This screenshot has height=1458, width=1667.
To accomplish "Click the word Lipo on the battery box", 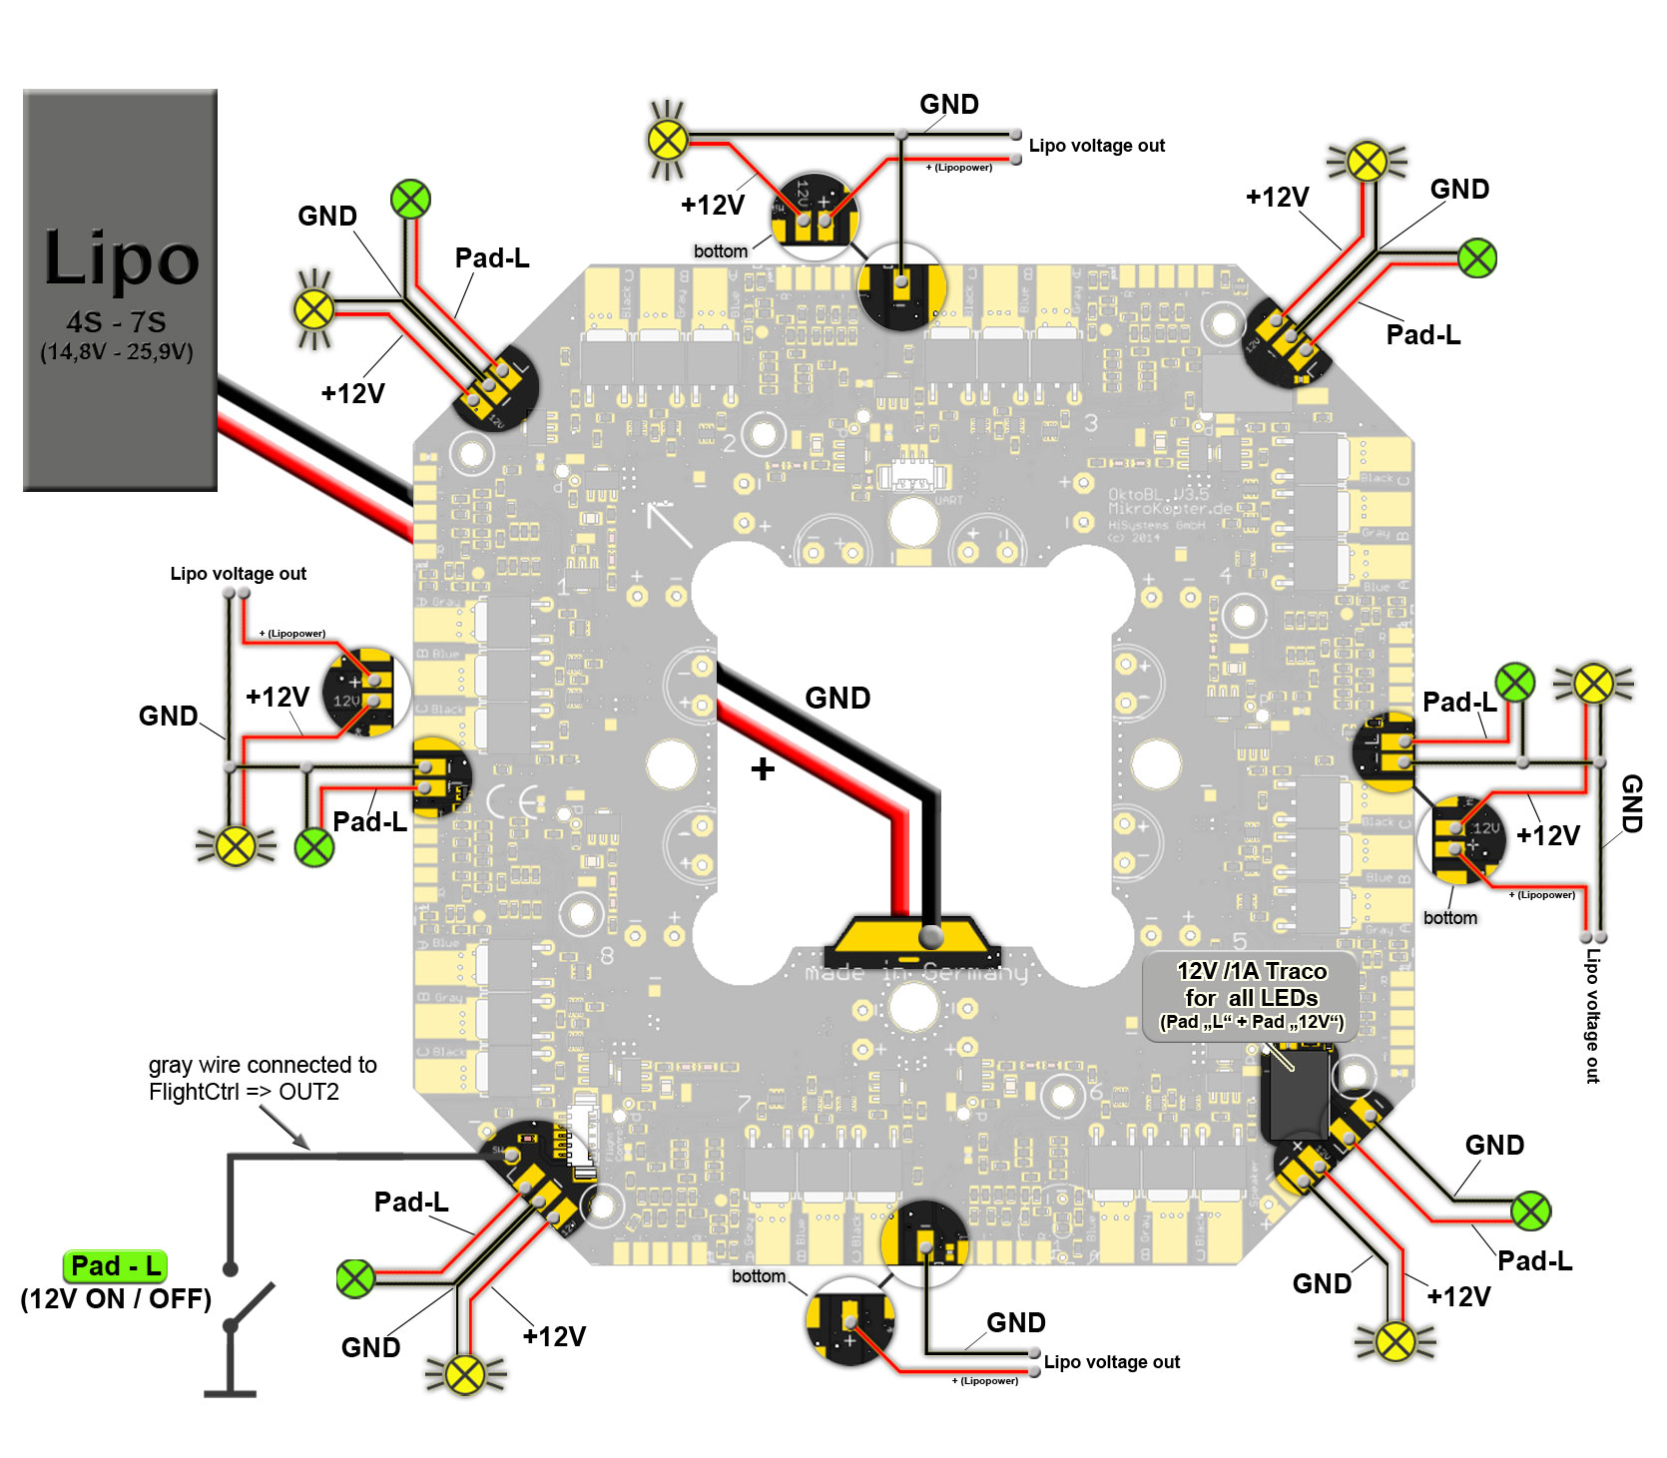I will pos(121,257).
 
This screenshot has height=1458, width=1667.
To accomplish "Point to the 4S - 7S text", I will pos(116,322).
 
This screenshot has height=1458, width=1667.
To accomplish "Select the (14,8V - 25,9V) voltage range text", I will pos(117,351).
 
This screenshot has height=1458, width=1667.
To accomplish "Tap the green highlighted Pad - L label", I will pos(115,1266).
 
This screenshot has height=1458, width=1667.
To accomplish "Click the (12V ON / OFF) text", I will pos(116,1299).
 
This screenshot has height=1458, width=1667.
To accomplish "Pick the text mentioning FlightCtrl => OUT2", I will pos(244,1092).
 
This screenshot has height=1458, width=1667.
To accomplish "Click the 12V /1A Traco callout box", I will pos(1251,996).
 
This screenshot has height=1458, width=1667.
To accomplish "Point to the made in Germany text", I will pos(916,972).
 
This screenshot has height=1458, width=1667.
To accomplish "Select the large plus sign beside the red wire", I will pos(763,768).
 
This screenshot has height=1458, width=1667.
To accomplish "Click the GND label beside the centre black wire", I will pos(837,699).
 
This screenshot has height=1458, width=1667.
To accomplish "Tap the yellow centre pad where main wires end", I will pos(909,937).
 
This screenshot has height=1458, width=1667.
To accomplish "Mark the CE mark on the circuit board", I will pos(515,800).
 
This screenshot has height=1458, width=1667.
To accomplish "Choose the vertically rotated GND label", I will pos(1631,803).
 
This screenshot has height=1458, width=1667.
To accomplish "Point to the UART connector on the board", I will pos(912,477).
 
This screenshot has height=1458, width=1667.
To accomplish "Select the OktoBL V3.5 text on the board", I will pos(1158,495).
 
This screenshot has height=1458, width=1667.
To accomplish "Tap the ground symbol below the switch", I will pos(231,1392).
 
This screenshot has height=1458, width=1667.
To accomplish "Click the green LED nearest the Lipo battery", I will pos(410,200).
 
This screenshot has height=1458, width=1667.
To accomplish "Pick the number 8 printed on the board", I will pos(607,957).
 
